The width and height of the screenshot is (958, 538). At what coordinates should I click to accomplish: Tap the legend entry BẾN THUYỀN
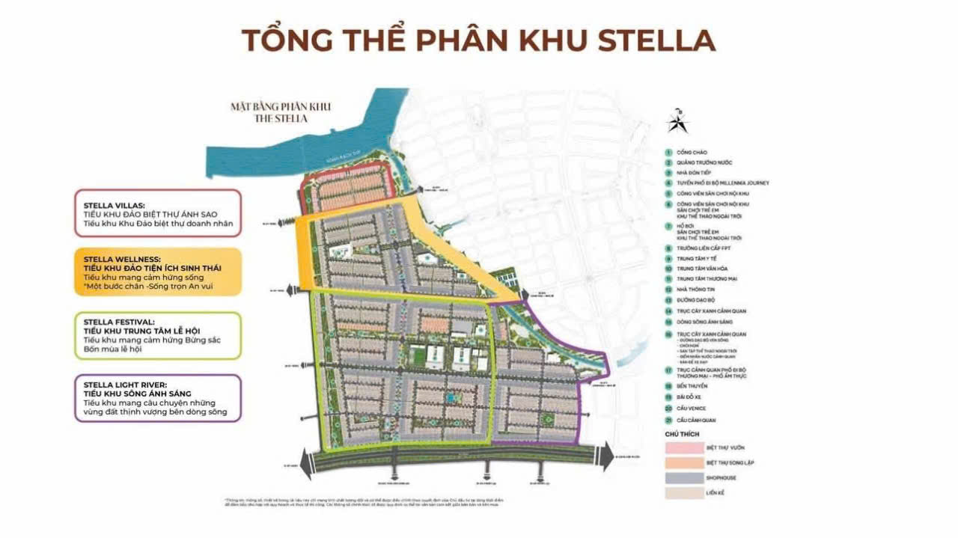coord(693,386)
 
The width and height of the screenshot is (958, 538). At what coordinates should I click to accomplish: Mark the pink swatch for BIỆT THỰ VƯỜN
coord(683,447)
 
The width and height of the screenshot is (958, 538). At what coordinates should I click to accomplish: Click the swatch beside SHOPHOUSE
coord(683,477)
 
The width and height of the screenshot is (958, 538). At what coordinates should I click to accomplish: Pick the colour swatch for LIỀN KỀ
coord(683,493)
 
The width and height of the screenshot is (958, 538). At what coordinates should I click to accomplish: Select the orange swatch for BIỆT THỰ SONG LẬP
coord(683,462)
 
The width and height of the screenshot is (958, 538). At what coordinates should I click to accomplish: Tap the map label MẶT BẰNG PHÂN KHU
coord(281,107)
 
